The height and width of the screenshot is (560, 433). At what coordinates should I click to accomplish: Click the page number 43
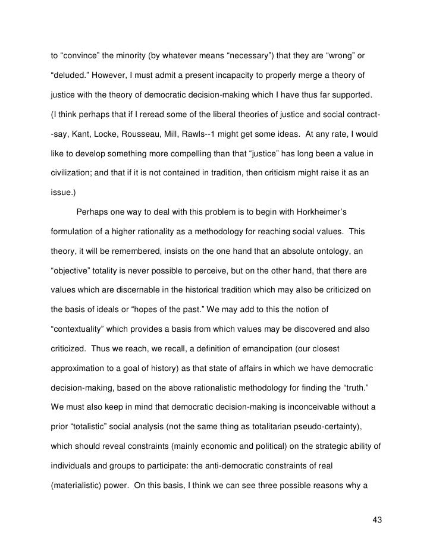(x=376, y=520)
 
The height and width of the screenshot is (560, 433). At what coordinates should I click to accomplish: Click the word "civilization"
(x=71, y=172)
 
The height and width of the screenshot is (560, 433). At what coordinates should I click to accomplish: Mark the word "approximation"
(x=77, y=367)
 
